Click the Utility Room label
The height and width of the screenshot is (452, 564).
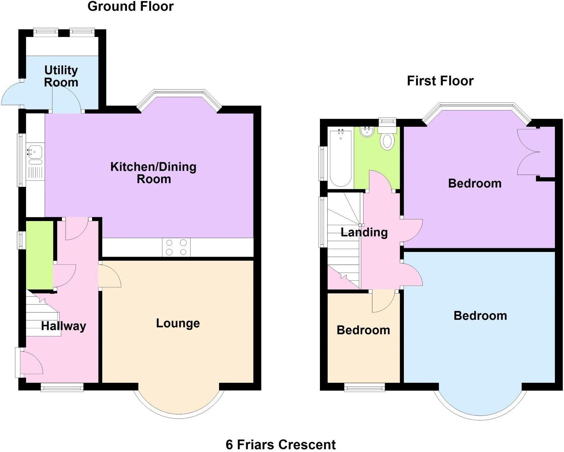[61, 76]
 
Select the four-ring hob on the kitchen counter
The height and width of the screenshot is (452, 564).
[176, 248]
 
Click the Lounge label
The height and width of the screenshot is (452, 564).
[178, 323]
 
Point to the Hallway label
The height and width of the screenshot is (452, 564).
[63, 326]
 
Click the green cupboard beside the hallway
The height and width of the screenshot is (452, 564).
[40, 255]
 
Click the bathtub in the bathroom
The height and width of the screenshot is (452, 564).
[340, 158]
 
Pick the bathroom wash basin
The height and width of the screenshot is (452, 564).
[367, 132]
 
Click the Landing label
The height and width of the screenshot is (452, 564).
[364, 232]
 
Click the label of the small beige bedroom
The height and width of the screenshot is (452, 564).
[363, 330]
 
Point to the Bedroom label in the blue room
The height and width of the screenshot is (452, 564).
[480, 316]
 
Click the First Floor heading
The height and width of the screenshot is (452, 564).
[440, 81]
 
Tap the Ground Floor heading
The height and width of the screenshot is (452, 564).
[130, 6]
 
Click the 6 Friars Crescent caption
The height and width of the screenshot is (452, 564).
[281, 444]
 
